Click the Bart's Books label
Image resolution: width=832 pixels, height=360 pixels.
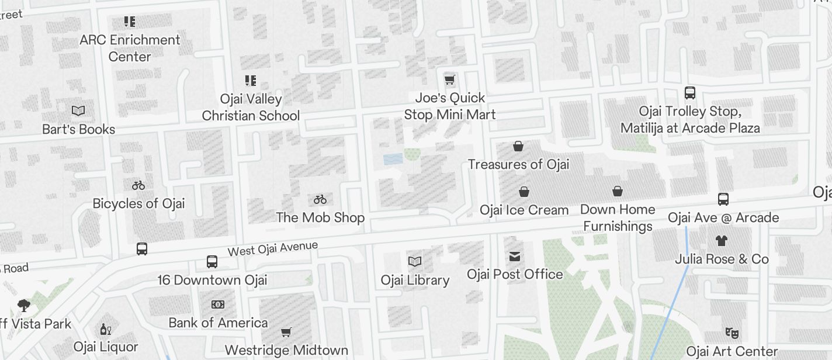click(x=78, y=129)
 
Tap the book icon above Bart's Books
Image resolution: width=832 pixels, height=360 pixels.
click(x=78, y=110)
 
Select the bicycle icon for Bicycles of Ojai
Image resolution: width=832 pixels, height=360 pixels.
click(x=138, y=185)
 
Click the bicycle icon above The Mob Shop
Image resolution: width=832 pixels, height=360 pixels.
click(x=320, y=199)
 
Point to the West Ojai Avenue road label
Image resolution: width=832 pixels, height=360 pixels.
click(x=272, y=248)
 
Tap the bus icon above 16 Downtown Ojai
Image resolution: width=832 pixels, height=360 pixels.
click(x=212, y=262)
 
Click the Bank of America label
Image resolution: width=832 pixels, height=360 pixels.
click(x=218, y=323)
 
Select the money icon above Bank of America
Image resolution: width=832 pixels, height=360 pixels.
click(x=218, y=304)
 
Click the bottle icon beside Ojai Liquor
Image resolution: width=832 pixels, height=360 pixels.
click(x=106, y=330)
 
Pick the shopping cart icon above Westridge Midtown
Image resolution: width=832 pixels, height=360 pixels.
click(x=286, y=333)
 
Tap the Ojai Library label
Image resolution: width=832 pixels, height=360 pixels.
click(x=415, y=280)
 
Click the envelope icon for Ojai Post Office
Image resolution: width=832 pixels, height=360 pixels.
click(x=515, y=256)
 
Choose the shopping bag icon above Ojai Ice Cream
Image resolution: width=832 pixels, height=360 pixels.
click(x=524, y=192)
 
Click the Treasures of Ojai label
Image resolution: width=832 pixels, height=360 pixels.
click(x=518, y=164)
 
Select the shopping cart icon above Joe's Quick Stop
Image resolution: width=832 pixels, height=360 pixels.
click(x=449, y=79)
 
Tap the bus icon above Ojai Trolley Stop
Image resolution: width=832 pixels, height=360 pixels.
click(x=690, y=93)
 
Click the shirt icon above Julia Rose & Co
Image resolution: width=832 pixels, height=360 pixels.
click(x=722, y=240)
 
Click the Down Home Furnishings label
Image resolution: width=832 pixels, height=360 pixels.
click(x=618, y=217)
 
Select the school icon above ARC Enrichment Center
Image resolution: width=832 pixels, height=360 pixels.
click(x=130, y=22)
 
